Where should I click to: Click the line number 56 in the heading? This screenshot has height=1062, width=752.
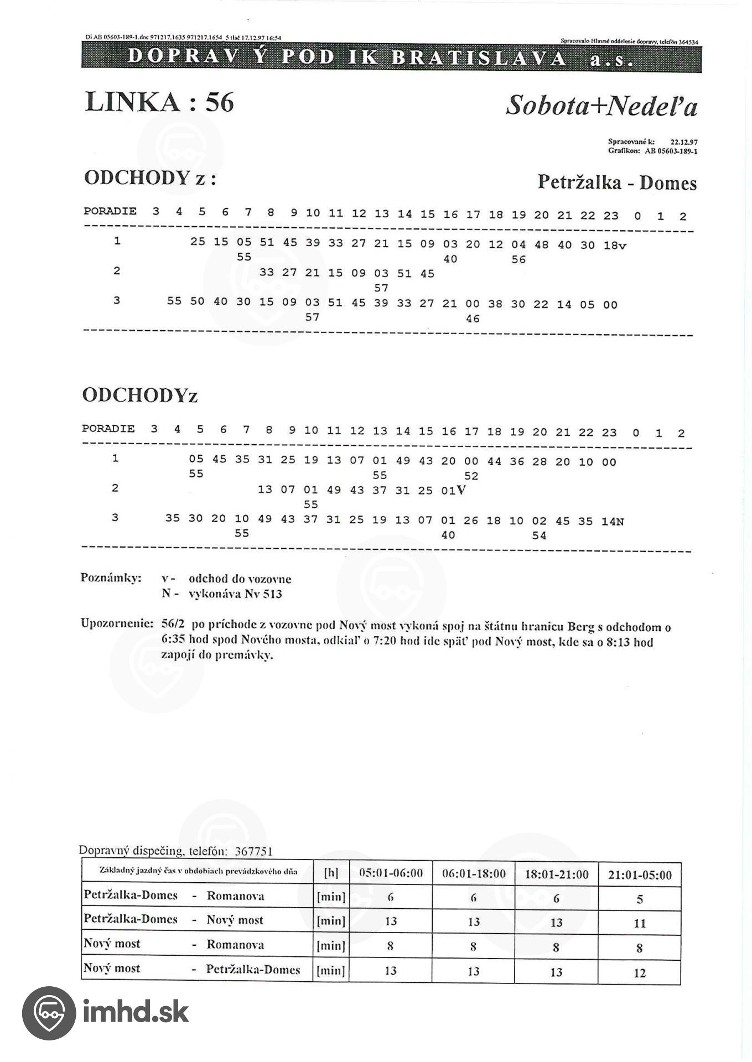(220, 102)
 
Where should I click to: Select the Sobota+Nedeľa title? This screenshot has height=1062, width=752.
(601, 105)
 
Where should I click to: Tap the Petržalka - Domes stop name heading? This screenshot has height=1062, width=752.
(616, 183)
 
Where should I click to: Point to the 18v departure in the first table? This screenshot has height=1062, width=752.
(614, 246)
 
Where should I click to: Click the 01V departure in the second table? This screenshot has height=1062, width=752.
(454, 491)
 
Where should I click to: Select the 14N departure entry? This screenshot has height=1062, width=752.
(613, 521)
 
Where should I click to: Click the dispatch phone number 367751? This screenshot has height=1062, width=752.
(253, 851)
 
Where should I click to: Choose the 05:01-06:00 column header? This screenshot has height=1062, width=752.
(391, 873)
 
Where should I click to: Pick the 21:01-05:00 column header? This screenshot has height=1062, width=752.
(640, 874)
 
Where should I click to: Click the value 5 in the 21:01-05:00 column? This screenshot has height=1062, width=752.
(640, 899)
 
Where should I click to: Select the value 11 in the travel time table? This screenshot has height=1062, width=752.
(640, 923)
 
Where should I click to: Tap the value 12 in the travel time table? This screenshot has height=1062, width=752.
(640, 973)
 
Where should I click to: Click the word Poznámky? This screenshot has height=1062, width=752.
(111, 578)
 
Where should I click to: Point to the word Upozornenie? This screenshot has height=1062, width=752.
(117, 623)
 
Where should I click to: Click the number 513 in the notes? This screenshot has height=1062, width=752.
(272, 594)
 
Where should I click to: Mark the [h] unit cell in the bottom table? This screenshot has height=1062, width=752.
(331, 873)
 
